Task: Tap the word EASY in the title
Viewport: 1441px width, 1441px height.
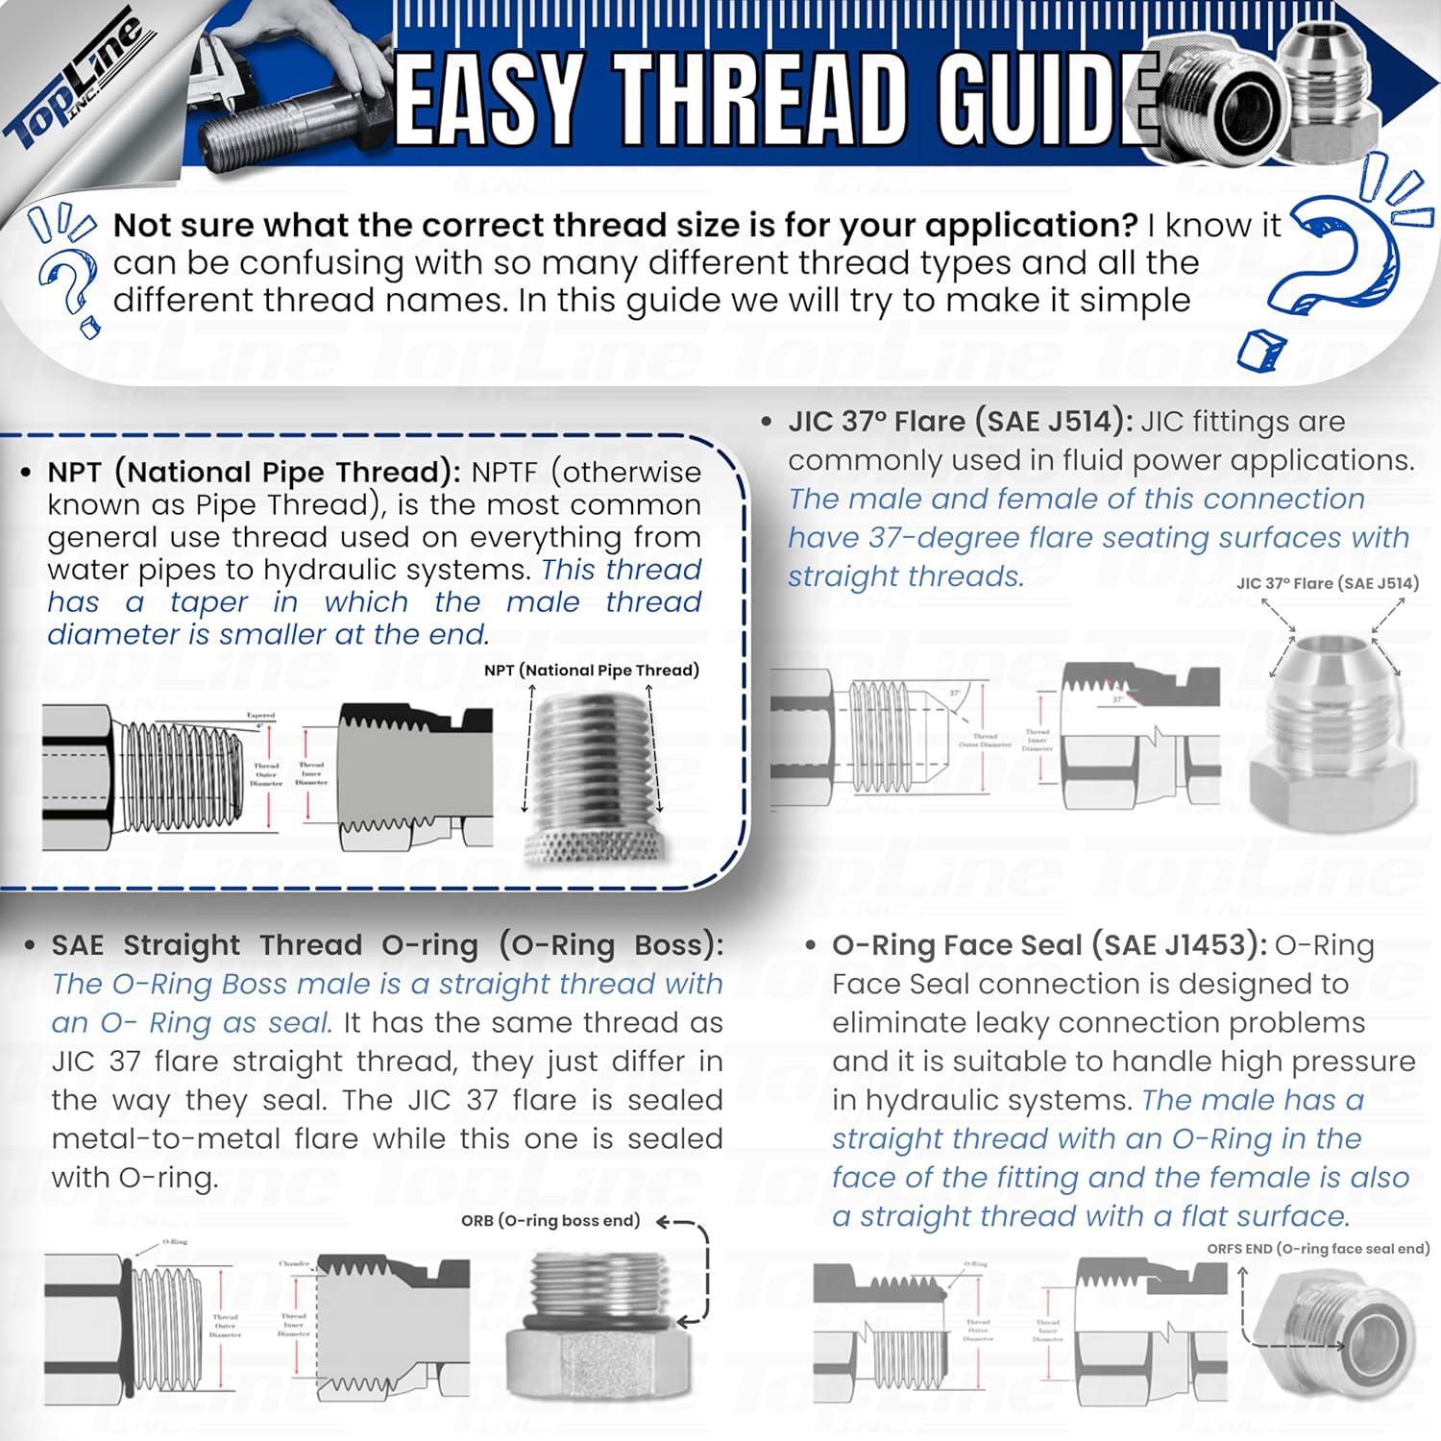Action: point(489,99)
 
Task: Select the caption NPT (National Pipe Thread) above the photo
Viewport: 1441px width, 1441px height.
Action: point(591,671)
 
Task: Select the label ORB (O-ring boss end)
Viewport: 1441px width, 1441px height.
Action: point(550,1221)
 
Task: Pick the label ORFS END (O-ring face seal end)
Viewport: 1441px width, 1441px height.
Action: point(1317,1249)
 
